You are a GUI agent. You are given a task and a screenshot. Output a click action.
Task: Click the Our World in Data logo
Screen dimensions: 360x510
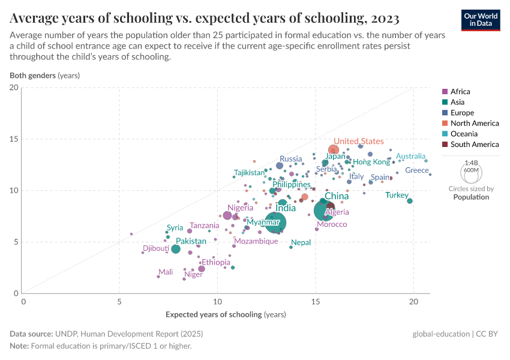point(481,19)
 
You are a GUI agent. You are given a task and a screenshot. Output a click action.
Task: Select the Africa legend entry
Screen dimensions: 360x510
point(460,92)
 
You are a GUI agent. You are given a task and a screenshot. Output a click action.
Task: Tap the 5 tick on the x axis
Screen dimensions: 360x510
point(119,301)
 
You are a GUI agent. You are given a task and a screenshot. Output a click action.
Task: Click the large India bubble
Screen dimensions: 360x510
point(275,222)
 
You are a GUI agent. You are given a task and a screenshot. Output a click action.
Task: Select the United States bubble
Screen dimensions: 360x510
point(334,150)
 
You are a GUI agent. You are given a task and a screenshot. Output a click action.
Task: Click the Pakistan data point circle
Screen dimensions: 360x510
point(175,249)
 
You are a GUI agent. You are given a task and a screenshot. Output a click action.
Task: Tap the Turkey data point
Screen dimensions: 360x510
point(410,201)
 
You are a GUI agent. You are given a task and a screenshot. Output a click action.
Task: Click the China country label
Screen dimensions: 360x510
point(337,196)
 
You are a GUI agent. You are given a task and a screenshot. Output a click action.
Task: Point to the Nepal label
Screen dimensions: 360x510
point(301,242)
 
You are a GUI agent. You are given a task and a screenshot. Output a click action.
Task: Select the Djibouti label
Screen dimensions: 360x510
point(156,248)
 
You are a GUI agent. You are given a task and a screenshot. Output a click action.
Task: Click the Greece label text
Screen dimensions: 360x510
point(416,170)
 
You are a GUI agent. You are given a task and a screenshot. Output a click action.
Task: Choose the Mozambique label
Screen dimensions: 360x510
point(256,241)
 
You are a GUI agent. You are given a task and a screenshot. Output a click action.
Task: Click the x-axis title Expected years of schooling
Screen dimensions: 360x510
point(226,314)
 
